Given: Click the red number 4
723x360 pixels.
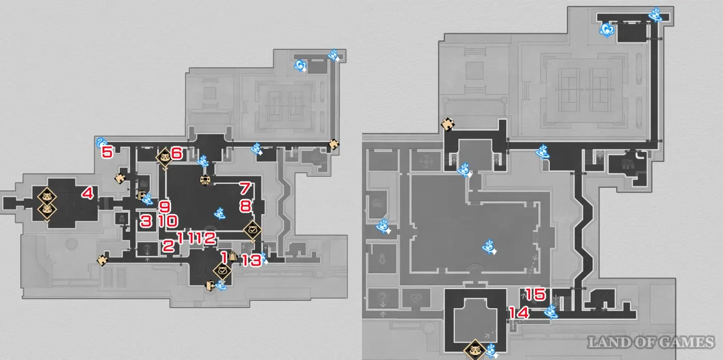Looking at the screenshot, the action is coord(88,193).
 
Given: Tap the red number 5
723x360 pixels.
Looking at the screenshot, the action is coord(107,152).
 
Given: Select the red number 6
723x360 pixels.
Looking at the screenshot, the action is coord(176,153).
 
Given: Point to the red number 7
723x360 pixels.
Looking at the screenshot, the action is coord(245,188).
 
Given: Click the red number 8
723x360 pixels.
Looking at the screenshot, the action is coord(245,206).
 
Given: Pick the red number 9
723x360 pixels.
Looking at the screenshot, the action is coord(164,206).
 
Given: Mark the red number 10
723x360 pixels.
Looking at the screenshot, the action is coord(168,221).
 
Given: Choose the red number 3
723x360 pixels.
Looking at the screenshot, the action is coord(146,221).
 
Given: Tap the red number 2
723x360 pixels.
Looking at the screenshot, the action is coord(168,246).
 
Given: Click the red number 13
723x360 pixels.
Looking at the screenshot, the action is coord(252,260).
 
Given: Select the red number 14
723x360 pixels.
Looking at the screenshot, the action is coord(519,313).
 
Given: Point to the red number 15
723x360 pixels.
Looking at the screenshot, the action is coord(535,294).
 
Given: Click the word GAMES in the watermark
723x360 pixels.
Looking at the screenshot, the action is coord(688,342).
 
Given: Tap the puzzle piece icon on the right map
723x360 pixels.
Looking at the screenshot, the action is coord(448,124).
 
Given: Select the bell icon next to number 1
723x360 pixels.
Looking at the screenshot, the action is coord(232,257).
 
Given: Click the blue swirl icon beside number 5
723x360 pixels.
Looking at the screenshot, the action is coord(101,143).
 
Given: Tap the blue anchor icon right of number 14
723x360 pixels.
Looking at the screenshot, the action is coord(551,312).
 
